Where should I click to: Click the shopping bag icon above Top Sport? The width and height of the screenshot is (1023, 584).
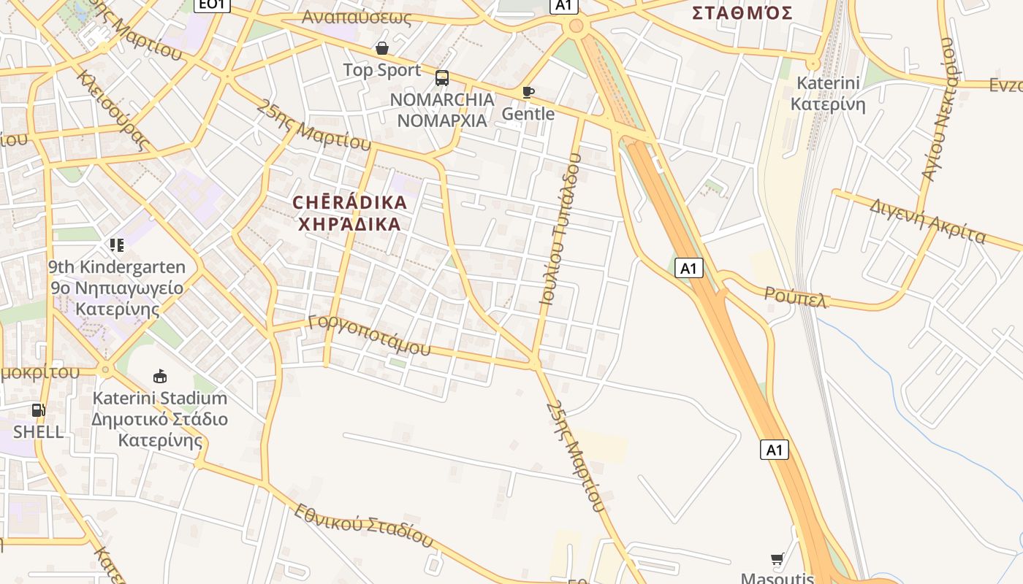tap(381, 48)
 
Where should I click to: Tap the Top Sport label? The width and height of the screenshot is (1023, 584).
tap(382, 70)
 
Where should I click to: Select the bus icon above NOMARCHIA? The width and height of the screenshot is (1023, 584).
tap(442, 78)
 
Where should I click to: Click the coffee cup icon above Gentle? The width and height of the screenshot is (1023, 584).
tap(528, 92)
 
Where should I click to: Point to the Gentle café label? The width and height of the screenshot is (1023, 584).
tap(528, 114)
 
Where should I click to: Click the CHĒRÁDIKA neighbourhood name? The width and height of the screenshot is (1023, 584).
tap(349, 202)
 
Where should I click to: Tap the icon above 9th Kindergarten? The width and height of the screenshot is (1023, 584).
tap(117, 245)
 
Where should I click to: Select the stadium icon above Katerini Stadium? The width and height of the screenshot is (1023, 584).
tap(159, 377)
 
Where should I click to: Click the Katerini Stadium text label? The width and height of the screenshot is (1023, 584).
tap(159, 399)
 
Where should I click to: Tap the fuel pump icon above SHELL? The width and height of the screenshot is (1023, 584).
tap(38, 410)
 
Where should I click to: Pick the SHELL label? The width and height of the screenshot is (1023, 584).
tap(38, 431)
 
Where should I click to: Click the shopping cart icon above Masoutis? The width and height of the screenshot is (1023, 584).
tap(777, 559)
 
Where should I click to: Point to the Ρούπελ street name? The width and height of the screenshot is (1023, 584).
tap(795, 296)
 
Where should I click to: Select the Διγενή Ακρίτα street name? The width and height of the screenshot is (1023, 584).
tap(927, 220)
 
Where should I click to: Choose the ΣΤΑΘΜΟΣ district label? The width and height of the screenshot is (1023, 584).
tap(742, 12)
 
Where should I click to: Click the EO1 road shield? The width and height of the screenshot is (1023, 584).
tap(213, 4)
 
